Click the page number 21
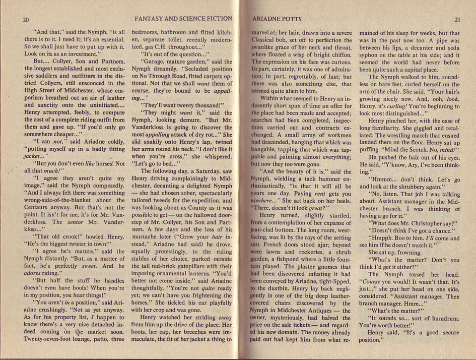457,20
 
